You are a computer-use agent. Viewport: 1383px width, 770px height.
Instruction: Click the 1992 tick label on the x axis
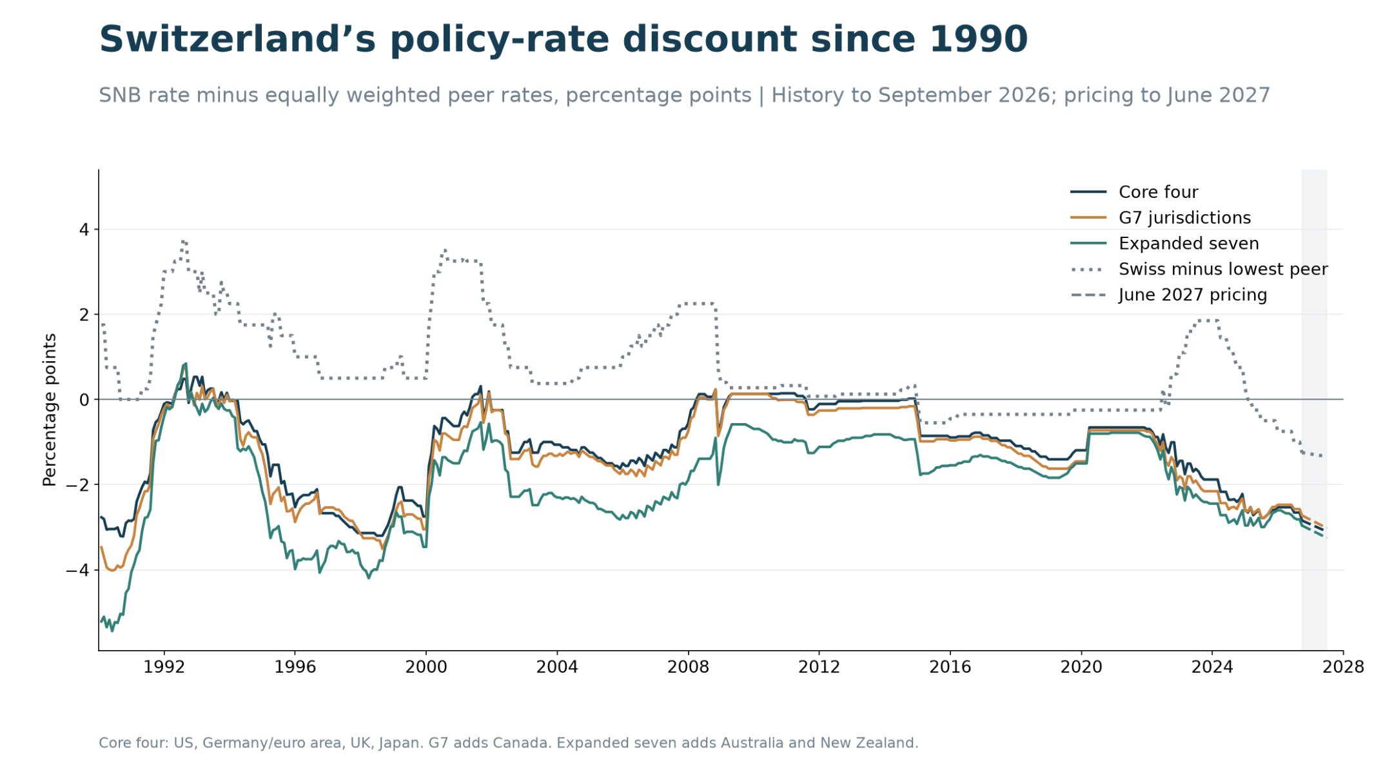pos(164,667)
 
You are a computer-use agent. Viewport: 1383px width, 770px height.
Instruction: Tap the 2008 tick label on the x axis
pos(688,667)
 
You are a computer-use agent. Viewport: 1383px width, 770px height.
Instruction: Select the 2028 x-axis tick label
pos(1343,667)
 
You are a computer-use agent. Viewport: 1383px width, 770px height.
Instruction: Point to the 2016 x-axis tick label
pos(950,667)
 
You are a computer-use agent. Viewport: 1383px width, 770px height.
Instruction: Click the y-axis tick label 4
pos(84,230)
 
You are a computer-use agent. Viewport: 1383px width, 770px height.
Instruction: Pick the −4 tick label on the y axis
pos(77,570)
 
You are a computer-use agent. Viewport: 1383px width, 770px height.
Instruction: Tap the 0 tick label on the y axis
pos(84,400)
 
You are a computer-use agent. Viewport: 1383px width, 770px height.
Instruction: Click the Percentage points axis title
pos(50,410)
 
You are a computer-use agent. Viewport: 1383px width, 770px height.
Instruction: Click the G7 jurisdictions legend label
pos(1184,218)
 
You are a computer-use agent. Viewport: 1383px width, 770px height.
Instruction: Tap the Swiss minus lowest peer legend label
pos(1223,269)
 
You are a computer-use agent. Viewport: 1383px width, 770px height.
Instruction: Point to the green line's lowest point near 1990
pos(112,631)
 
